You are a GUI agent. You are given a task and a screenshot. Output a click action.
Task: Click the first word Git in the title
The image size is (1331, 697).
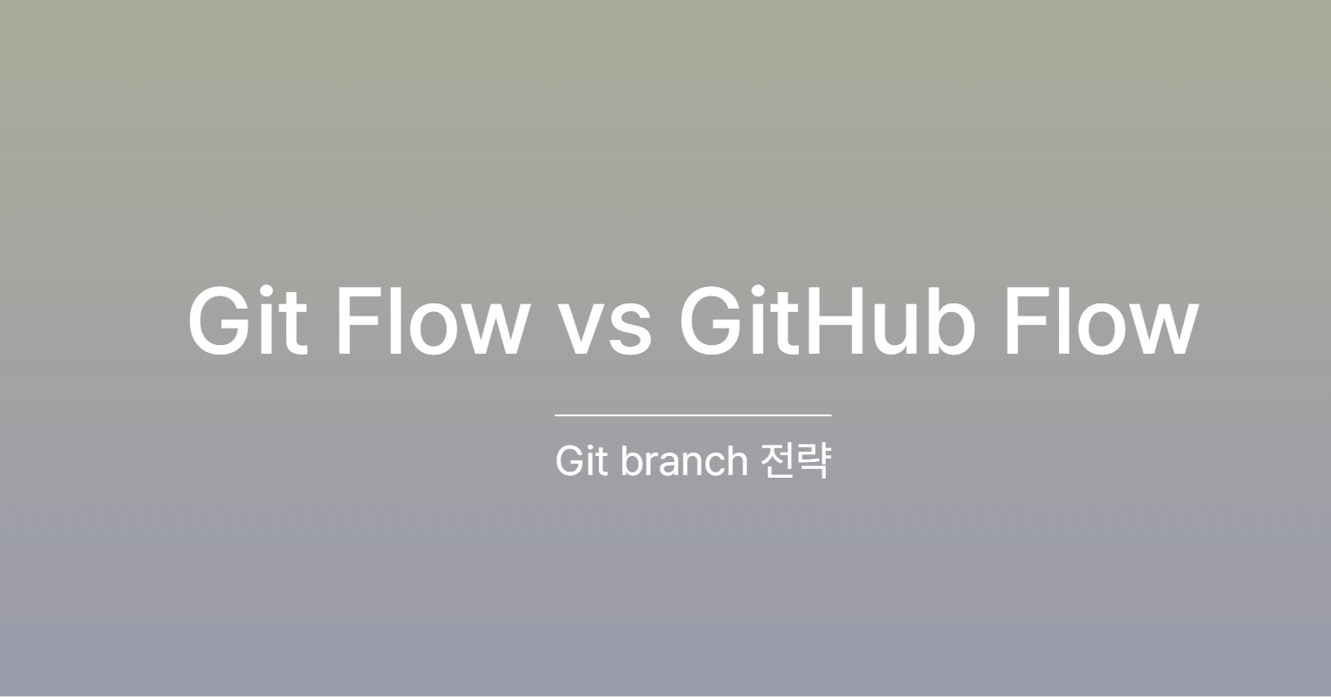point(247,321)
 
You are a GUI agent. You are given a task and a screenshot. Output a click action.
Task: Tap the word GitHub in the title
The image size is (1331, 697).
point(828,321)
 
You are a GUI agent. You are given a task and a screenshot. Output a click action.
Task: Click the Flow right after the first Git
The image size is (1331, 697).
point(433,321)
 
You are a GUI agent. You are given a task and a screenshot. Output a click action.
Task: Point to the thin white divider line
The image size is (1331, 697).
point(693,415)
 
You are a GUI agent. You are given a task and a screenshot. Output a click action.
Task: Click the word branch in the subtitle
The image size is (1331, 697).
point(684,460)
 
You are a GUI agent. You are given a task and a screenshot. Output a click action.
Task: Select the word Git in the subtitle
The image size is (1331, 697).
point(581,460)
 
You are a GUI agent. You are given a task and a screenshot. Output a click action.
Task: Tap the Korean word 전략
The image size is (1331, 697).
point(795,460)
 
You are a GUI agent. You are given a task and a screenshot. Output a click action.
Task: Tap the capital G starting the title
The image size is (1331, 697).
point(218,321)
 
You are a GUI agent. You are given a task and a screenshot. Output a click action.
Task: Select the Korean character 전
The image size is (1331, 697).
point(778,460)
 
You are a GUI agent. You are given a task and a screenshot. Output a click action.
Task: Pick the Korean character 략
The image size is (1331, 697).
point(814,460)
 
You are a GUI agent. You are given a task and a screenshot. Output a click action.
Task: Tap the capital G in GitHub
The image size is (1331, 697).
point(711,321)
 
